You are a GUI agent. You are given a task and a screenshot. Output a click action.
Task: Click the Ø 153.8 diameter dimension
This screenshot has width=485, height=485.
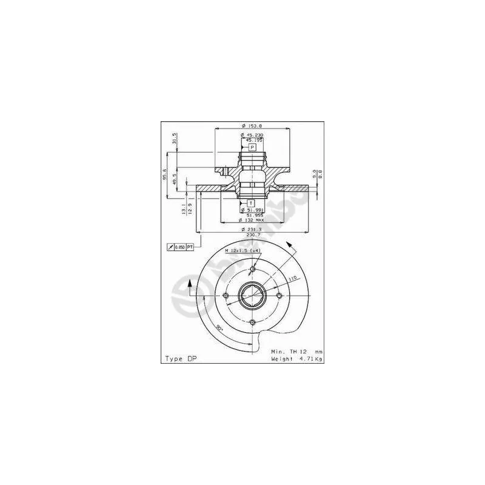(x=252, y=125)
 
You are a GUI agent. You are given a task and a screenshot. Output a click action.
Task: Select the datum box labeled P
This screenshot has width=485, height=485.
(x=252, y=147)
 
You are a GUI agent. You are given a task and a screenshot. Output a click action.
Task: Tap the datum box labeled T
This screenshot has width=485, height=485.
(x=251, y=202)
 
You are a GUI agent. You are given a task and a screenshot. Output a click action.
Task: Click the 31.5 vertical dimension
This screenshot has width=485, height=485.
(x=175, y=138)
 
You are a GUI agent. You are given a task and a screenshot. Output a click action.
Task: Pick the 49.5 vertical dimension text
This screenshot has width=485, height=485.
(x=175, y=179)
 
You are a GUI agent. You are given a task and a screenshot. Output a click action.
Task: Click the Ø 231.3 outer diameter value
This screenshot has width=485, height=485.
(x=252, y=230)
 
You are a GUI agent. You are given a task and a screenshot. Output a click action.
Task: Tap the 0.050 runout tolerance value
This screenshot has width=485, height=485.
(x=179, y=247)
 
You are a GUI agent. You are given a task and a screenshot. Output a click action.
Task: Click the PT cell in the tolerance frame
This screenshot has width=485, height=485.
(x=190, y=247)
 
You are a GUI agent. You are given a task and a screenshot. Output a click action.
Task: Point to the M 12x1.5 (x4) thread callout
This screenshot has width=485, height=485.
(x=242, y=251)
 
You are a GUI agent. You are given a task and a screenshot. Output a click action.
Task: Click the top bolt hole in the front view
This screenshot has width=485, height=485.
(x=252, y=270)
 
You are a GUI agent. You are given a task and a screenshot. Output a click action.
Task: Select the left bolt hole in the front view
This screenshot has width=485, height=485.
(x=226, y=296)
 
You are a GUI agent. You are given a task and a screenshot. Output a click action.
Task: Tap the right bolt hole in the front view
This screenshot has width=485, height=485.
(x=278, y=296)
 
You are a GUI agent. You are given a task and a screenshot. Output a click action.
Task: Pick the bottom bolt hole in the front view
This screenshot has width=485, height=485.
(x=252, y=322)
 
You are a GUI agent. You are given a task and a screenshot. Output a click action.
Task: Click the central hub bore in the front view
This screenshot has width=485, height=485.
(x=252, y=296)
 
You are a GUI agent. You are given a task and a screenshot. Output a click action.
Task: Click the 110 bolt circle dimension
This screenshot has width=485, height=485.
(x=292, y=278)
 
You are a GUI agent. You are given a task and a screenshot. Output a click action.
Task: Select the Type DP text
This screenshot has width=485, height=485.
(x=181, y=359)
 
